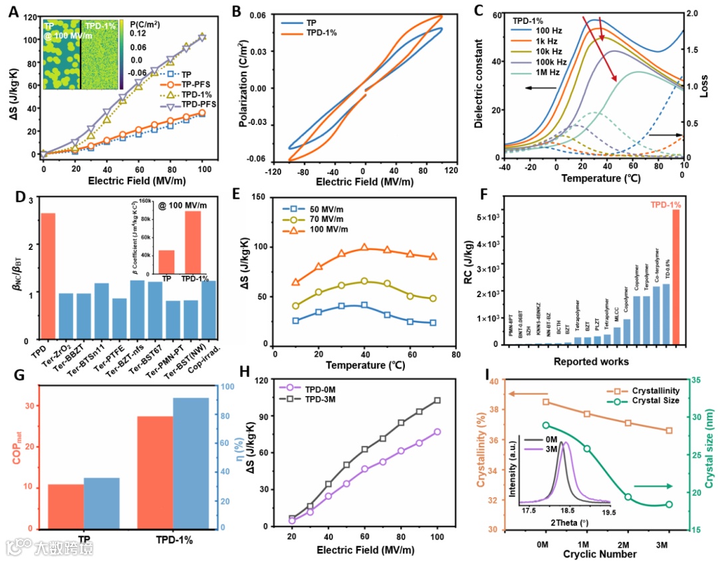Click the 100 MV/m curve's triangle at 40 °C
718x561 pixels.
pos(364,248)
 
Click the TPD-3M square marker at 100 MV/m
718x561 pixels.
pos(437,400)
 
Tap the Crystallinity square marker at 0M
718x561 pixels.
pos(546,401)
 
